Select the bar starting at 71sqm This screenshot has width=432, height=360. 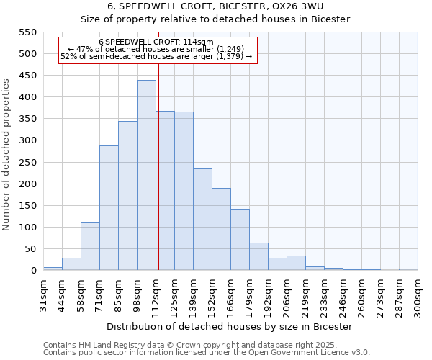click(x=109, y=208)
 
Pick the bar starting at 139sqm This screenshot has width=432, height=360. click(x=202, y=220)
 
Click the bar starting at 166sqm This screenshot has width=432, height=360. click(x=240, y=240)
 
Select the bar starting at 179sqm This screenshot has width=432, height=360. click(x=258, y=256)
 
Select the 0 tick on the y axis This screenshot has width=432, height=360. click(x=33, y=271)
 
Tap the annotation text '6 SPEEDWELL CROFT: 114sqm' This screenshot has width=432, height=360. click(x=156, y=42)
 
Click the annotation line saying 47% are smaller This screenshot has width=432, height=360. click(x=156, y=49)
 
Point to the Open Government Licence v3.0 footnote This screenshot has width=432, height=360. click(x=207, y=352)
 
